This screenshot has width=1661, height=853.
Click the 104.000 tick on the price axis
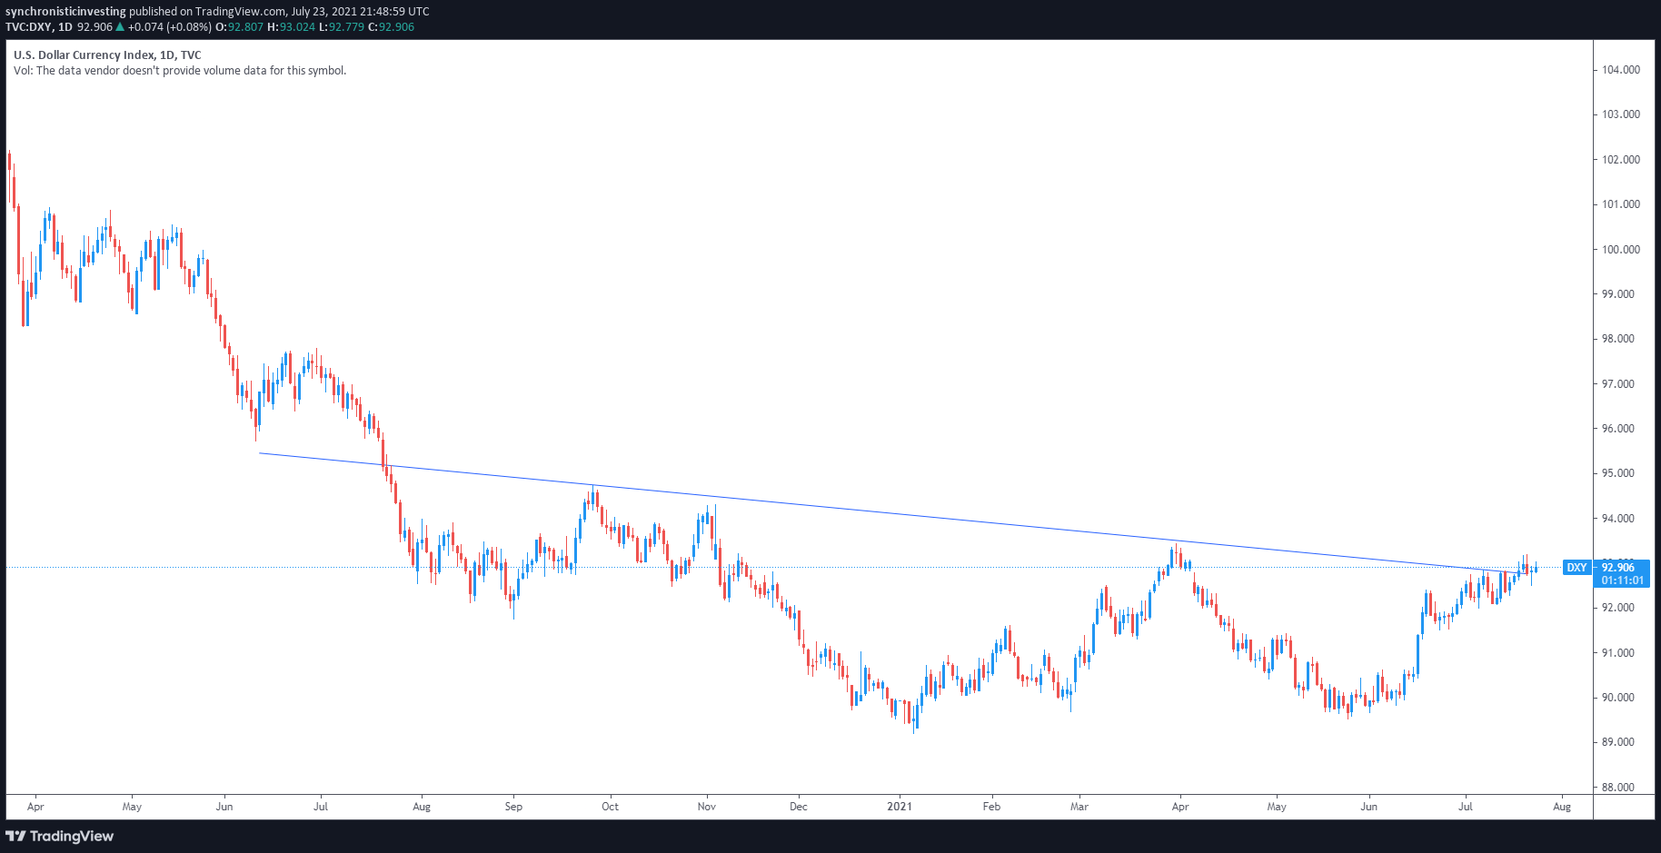[x=1620, y=70]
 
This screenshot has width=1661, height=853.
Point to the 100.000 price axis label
[x=1620, y=250]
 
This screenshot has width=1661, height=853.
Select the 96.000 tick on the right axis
[x=1620, y=429]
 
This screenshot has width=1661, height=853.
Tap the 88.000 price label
[x=1620, y=788]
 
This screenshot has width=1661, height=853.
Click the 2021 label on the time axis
[x=900, y=807]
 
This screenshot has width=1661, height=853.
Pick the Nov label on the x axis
[x=706, y=807]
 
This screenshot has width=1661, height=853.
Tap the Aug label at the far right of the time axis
[x=1561, y=807]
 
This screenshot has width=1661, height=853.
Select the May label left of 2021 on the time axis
[x=132, y=807]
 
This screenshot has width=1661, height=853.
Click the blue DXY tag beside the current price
[x=1576, y=568]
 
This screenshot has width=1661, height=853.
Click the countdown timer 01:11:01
[x=1622, y=580]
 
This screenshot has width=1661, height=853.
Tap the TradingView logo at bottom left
[x=60, y=836]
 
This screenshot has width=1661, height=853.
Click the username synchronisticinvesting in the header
[x=65, y=12]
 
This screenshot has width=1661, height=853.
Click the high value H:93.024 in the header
[x=291, y=27]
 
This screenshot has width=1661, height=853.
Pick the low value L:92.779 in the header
[x=341, y=27]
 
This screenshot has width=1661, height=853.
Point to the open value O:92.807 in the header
[x=239, y=27]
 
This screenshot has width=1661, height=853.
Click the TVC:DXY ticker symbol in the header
[x=28, y=27]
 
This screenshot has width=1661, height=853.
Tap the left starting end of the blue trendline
[x=260, y=452]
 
